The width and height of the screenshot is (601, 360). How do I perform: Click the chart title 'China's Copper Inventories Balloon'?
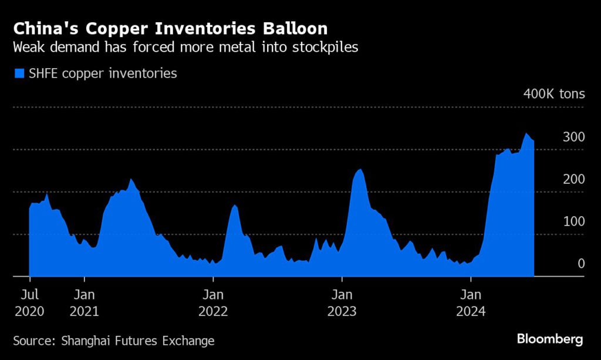(x=171, y=28)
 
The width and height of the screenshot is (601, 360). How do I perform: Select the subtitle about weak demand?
(x=186, y=48)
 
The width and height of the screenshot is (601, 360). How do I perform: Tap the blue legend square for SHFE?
(x=19, y=73)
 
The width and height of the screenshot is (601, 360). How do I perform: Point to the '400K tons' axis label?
(x=554, y=94)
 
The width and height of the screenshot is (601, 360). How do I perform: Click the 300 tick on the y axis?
(x=573, y=137)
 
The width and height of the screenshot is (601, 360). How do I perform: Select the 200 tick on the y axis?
(x=573, y=180)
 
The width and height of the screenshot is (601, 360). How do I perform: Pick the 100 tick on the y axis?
(x=573, y=222)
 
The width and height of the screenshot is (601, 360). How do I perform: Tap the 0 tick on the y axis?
(x=581, y=264)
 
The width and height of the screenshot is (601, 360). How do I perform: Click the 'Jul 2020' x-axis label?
(x=29, y=302)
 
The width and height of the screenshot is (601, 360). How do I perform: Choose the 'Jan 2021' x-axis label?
(x=85, y=302)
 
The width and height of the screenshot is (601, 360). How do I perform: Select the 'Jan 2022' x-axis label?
(x=213, y=302)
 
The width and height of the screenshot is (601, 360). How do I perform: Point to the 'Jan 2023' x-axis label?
(x=342, y=302)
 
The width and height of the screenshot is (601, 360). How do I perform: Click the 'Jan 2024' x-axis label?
(x=471, y=302)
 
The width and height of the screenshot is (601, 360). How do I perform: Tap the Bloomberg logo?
(x=550, y=339)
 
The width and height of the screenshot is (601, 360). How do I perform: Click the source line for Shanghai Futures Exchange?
(x=114, y=341)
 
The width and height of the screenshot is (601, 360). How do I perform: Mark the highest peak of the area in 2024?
(x=526, y=134)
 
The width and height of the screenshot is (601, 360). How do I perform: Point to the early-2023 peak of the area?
(x=360, y=170)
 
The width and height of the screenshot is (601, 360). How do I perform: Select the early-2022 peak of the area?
(x=234, y=206)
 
